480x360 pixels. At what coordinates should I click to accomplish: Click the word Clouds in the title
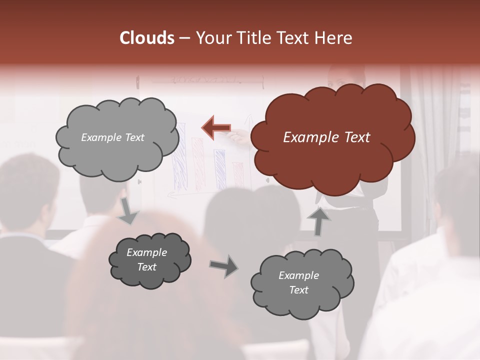click(147, 38)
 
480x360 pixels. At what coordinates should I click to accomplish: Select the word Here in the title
click(335, 38)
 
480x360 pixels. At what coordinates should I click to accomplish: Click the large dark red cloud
click(332, 137)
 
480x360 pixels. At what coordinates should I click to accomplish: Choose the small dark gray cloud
click(149, 260)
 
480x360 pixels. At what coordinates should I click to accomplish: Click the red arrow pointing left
click(215, 127)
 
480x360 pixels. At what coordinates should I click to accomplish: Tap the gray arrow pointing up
click(318, 220)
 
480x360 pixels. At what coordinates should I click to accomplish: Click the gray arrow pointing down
click(128, 210)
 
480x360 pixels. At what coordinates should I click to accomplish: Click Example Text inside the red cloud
click(326, 137)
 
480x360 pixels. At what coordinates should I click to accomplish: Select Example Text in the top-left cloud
click(112, 137)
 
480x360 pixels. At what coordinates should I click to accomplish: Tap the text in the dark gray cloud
click(146, 260)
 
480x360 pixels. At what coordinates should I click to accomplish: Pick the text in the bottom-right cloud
click(298, 282)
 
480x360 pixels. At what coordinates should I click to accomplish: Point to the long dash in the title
click(184, 39)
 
